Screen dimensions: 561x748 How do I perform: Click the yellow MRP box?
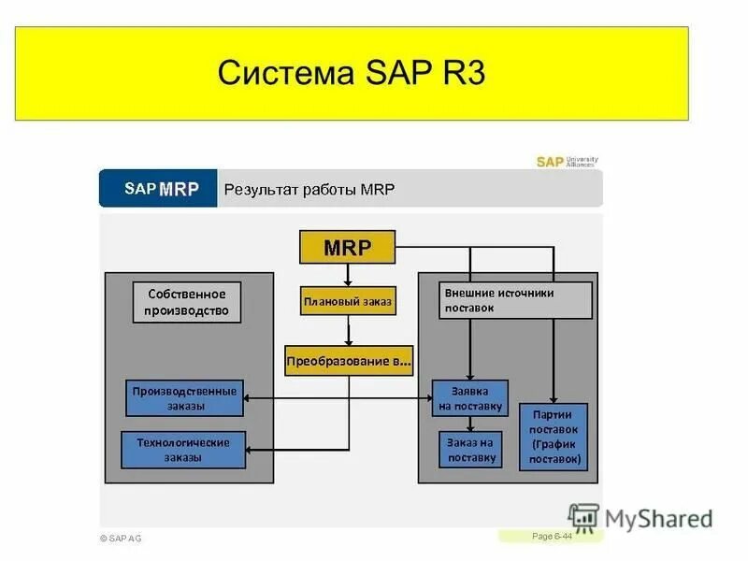click(347, 248)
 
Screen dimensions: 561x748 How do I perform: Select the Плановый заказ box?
click(348, 302)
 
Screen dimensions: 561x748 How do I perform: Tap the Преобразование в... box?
click(348, 361)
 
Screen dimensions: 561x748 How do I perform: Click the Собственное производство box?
click(186, 302)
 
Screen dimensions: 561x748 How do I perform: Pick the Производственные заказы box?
click(184, 398)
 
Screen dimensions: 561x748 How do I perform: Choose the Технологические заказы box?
click(183, 450)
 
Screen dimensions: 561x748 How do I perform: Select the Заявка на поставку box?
click(469, 398)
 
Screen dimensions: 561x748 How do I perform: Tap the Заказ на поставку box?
click(469, 450)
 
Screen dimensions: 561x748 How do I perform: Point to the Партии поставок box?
click(554, 437)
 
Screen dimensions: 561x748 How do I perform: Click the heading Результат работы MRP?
click(309, 190)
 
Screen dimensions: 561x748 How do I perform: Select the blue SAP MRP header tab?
click(160, 189)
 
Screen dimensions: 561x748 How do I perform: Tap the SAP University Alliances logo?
click(567, 162)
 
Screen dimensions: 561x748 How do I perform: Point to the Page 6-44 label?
click(552, 536)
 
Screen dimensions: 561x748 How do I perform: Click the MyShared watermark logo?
click(641, 518)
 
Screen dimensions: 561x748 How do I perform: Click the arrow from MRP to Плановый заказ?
click(348, 274)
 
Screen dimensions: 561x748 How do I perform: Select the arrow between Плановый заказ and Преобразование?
click(348, 331)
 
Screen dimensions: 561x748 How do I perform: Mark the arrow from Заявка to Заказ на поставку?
click(469, 424)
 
